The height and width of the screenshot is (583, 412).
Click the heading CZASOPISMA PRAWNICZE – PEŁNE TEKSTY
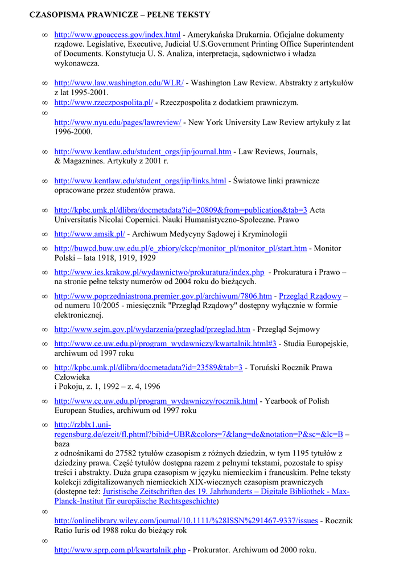[x=120, y=14]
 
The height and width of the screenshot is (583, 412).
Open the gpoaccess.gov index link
[x=117, y=35]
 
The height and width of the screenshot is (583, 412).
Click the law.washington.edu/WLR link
[x=119, y=83]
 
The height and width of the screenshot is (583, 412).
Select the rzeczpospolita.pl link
[x=104, y=102]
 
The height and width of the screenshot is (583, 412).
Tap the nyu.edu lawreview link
[x=118, y=122]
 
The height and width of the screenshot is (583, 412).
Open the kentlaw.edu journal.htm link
[x=143, y=151]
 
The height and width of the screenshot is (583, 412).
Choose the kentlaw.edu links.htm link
[x=140, y=181]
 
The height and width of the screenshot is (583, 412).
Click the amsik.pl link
[x=89, y=234]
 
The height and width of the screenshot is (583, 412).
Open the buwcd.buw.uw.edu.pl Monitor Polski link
[x=180, y=248]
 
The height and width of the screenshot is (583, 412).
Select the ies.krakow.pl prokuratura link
[x=159, y=272]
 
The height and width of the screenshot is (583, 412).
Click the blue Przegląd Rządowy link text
[x=310, y=296]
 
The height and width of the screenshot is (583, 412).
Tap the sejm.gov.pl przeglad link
[x=152, y=329]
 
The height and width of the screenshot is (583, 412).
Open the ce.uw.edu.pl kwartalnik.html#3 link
[x=165, y=343]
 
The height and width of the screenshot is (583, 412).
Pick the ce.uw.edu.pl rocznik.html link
[x=156, y=401]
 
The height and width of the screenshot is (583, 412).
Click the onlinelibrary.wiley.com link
[x=186, y=520]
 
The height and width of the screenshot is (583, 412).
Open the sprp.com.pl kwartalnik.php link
[x=120, y=550]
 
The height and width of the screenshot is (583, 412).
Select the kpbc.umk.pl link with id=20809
[x=180, y=210]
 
